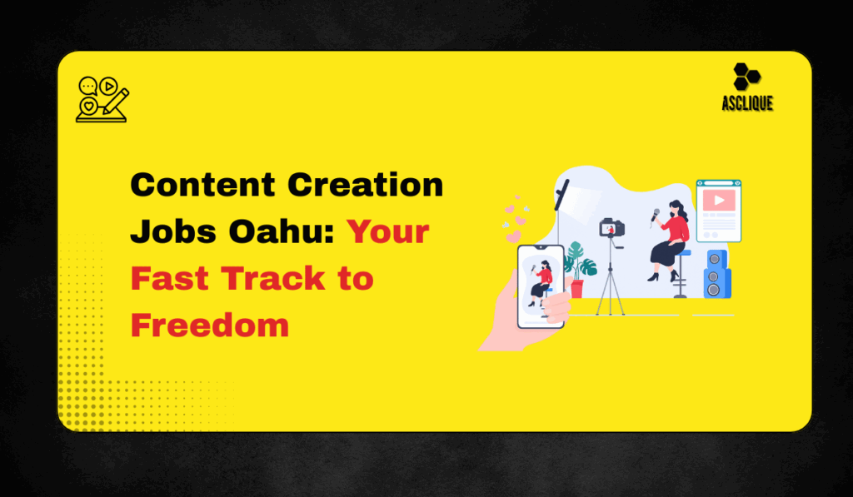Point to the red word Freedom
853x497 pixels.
[210, 326]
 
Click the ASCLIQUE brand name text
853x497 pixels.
[747, 103]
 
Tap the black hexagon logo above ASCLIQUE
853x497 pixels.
[746, 77]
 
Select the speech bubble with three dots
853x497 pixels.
[87, 87]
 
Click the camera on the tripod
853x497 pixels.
[612, 227]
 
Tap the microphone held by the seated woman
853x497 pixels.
[656, 216]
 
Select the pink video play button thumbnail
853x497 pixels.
[719, 200]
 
